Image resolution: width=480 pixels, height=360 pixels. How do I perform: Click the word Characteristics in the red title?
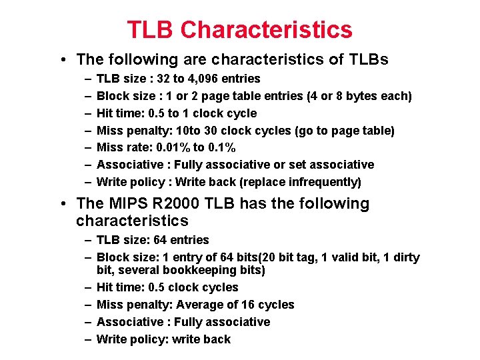[266, 29]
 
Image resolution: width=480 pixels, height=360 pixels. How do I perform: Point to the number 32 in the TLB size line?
[161, 79]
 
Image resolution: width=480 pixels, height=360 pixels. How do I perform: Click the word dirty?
[404, 257]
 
